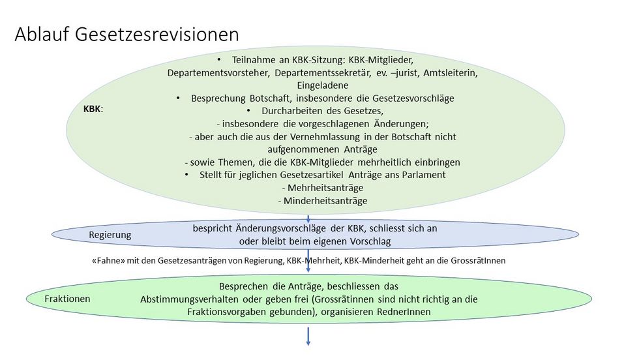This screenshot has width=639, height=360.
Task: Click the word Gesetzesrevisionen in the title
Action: (x=157, y=35)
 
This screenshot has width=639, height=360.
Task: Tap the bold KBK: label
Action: (x=93, y=109)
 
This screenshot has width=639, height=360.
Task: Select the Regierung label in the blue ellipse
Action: (x=110, y=235)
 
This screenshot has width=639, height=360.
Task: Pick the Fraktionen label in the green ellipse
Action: (x=67, y=299)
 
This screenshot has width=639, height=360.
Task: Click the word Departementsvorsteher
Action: (x=218, y=73)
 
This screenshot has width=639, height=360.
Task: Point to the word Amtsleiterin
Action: (x=451, y=73)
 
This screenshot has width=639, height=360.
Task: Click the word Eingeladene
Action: (x=323, y=85)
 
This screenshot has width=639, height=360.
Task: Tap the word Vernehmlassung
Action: (x=325, y=137)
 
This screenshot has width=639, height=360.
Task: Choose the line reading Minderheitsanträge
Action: (x=323, y=201)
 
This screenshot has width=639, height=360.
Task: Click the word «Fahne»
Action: (x=108, y=260)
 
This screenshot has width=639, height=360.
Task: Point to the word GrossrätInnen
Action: (x=478, y=260)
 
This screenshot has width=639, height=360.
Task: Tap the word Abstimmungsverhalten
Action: (x=190, y=299)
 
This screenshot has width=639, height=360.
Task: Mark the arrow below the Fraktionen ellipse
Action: (x=308, y=337)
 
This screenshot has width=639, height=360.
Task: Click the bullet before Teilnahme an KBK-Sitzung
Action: (x=219, y=60)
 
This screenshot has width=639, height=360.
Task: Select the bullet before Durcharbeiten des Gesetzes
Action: (x=248, y=111)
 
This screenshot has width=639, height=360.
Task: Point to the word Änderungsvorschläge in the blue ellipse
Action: (x=281, y=229)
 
